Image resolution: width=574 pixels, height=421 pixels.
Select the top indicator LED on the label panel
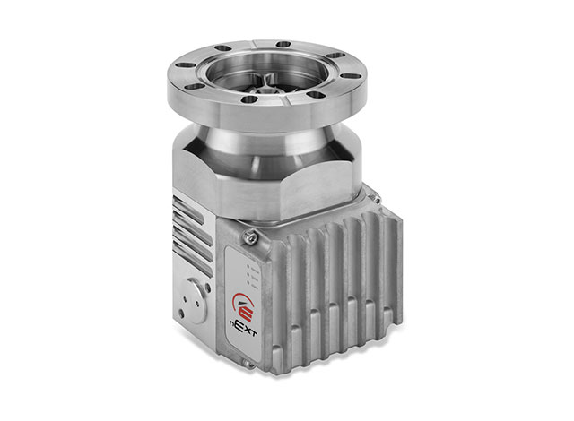pos(248,266)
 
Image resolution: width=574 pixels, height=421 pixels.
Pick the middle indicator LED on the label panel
pos(249,274)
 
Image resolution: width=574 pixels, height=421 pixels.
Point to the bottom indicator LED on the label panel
pos(249,282)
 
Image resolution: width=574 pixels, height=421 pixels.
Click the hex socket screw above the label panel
pos(251,236)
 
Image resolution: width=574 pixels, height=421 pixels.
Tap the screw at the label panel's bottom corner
pos(248,364)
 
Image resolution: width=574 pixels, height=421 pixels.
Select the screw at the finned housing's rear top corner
pos(376,200)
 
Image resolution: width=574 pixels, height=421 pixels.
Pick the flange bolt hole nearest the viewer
pos(249,99)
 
